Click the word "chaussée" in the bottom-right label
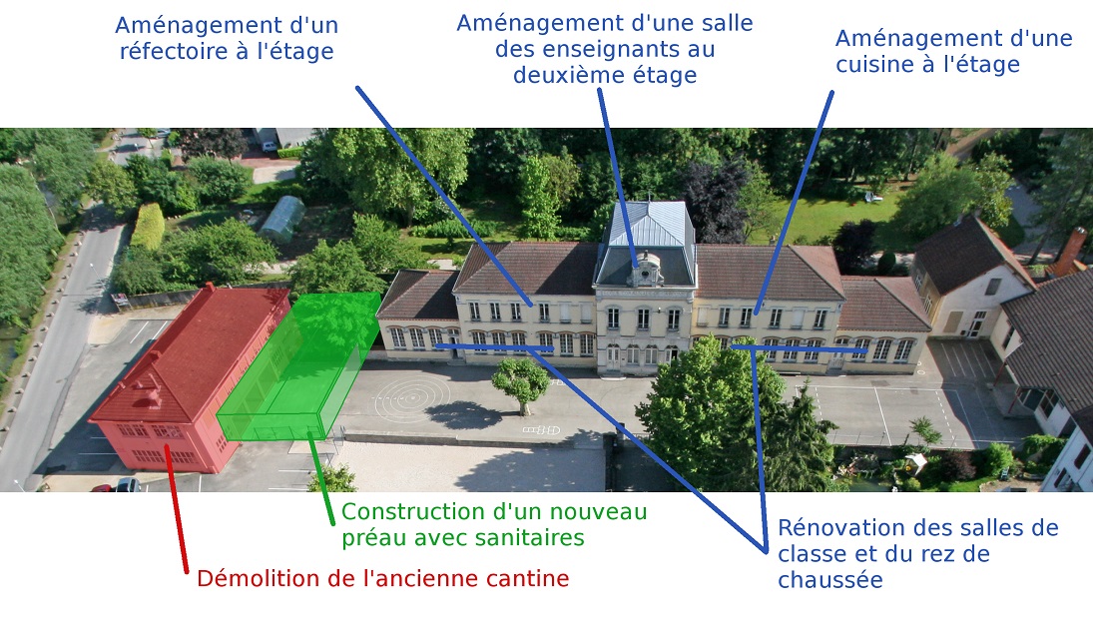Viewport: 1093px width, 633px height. [830, 580]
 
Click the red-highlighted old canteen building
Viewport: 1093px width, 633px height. [189, 380]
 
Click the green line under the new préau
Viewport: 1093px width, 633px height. [322, 478]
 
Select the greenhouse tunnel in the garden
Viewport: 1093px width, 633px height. [282, 219]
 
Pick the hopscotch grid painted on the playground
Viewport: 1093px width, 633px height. [542, 430]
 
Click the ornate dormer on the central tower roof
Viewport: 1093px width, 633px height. [646, 269]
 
